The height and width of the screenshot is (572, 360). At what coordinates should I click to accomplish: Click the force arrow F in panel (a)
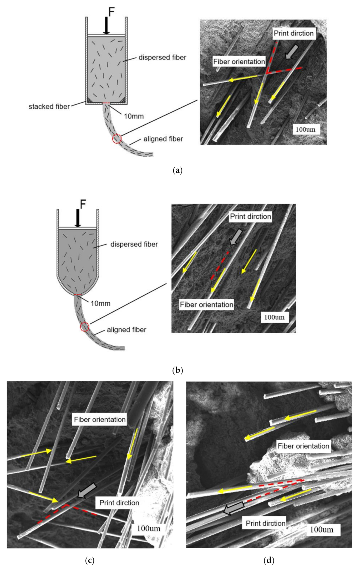[x=106, y=26]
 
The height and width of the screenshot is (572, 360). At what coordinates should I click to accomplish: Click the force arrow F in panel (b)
[x=78, y=218]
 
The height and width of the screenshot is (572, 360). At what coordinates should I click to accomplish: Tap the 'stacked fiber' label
[x=49, y=107]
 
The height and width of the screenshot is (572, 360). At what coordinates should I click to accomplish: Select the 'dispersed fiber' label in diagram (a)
[x=162, y=57]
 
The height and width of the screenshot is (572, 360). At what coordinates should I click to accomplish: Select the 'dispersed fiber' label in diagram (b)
[x=134, y=244]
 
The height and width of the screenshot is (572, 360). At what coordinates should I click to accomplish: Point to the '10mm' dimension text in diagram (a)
[x=134, y=116]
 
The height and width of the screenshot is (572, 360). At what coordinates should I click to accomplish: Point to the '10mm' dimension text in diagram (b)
[x=100, y=303]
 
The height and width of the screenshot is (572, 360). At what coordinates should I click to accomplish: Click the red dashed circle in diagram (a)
[x=117, y=139]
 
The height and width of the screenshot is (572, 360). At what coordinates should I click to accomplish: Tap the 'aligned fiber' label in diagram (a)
[x=163, y=139]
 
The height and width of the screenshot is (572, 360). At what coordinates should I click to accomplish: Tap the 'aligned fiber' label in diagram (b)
[x=126, y=330]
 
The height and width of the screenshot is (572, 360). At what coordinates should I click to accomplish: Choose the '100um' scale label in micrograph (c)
[x=149, y=528]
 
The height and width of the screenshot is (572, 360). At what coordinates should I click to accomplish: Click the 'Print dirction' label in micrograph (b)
[x=250, y=217]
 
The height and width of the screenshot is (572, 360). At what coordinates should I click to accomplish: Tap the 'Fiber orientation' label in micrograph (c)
[x=100, y=419]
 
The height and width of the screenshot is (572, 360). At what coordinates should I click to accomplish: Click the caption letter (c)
[x=90, y=560]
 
